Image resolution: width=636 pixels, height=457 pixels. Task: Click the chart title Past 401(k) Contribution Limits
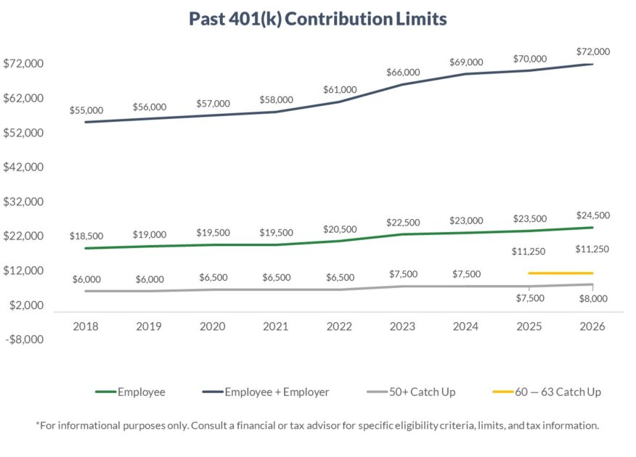(317, 19)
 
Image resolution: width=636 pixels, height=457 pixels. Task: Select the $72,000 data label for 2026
(592, 52)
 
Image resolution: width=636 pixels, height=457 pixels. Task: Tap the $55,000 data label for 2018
(86, 110)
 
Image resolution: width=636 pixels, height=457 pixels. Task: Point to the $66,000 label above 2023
(403, 72)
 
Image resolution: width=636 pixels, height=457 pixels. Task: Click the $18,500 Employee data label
(86, 236)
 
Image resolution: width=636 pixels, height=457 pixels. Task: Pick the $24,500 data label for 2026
(592, 215)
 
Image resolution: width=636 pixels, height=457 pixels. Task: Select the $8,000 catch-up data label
(592, 298)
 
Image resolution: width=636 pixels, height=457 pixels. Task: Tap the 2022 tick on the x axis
(340, 326)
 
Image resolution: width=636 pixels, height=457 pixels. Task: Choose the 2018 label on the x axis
(86, 326)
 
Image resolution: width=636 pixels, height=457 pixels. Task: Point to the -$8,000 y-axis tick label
(25, 339)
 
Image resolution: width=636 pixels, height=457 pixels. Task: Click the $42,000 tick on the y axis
(24, 167)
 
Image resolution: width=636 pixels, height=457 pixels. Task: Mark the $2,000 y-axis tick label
(25, 305)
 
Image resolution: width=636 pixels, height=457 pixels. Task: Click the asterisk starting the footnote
(37, 425)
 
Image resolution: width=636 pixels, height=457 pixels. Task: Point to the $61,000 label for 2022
(340, 89)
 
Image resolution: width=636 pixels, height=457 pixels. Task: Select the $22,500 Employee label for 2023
(403, 222)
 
